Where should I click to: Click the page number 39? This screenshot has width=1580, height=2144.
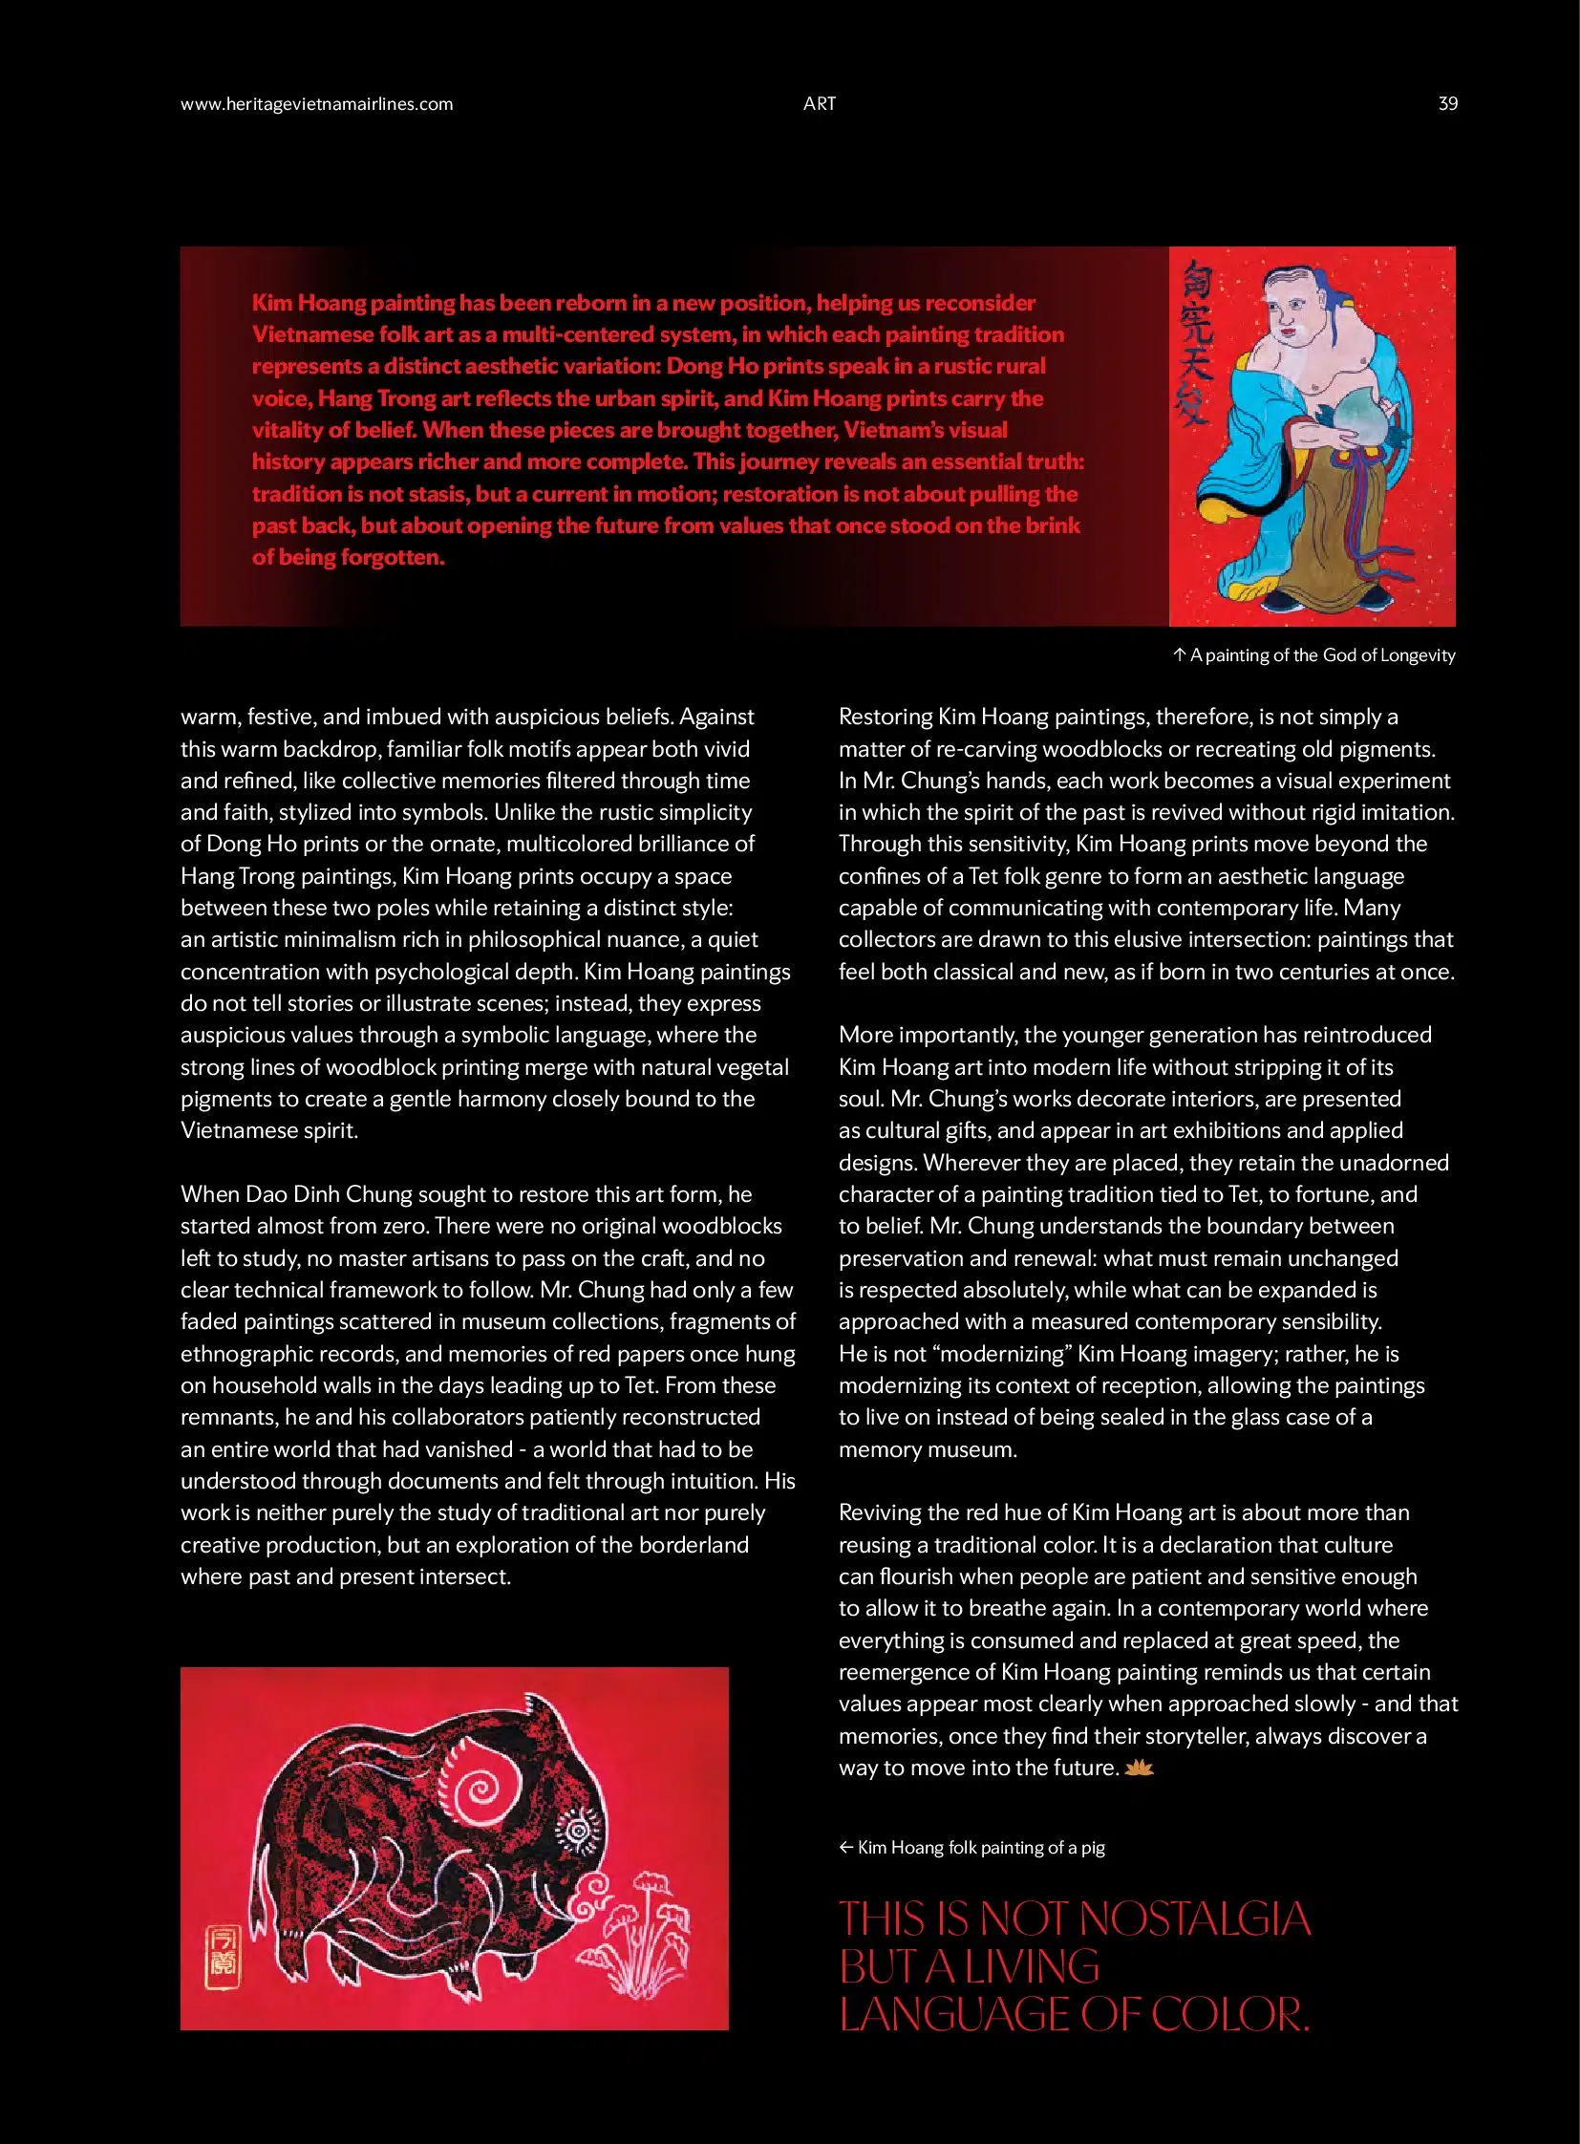tap(1447, 104)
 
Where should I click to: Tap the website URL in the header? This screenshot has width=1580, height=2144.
tap(316, 104)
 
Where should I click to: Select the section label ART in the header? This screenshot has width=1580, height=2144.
tap(820, 104)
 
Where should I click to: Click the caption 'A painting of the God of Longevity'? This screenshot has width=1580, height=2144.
tap(1321, 655)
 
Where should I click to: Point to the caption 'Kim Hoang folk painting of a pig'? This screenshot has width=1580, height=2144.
tap(980, 1848)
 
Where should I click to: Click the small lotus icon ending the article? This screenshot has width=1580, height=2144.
tap(1139, 1768)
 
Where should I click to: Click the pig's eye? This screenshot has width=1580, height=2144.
tap(578, 1831)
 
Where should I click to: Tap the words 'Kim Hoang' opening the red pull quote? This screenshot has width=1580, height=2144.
tap(308, 303)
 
